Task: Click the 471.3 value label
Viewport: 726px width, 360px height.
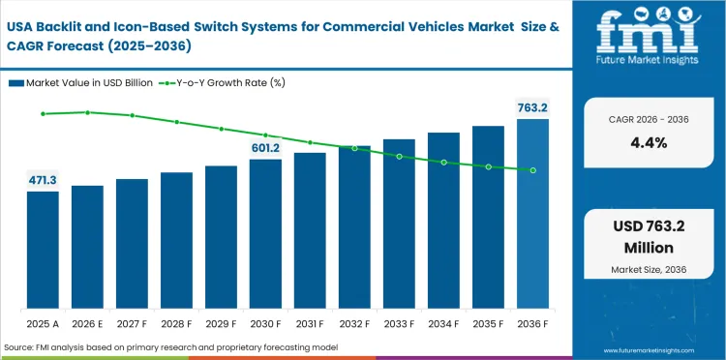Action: pyautogui.click(x=43, y=180)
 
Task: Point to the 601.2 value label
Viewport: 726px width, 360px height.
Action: pyautogui.click(x=265, y=147)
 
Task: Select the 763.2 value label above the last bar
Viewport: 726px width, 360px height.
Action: pyautogui.click(x=531, y=107)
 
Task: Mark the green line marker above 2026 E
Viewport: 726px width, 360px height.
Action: pyautogui.click(x=87, y=112)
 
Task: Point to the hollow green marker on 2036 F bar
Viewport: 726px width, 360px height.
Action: pyautogui.click(x=532, y=170)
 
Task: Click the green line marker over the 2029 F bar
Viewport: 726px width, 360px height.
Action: pyautogui.click(x=221, y=129)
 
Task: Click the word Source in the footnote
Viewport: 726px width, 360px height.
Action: pyautogui.click(x=19, y=346)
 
